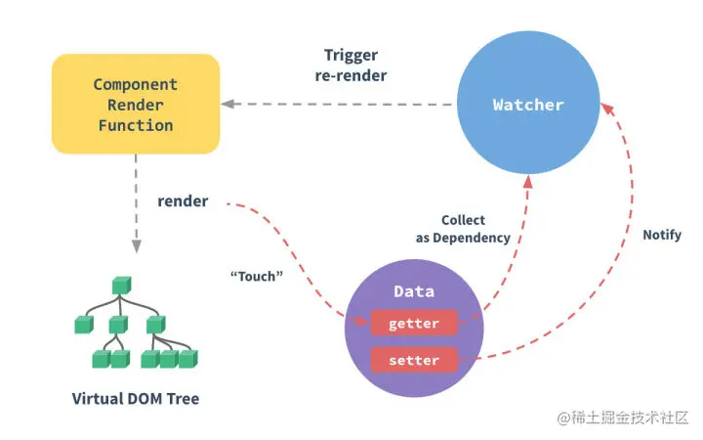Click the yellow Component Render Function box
tap(136, 105)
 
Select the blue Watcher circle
tap(528, 103)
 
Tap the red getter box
tap(414, 323)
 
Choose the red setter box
tap(414, 360)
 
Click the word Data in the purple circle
tap(414, 291)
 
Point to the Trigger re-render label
tap(351, 66)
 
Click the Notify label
tap(662, 235)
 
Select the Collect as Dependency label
tap(463, 229)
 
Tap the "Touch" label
tap(257, 276)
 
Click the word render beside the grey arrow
tap(183, 201)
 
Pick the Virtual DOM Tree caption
tap(136, 398)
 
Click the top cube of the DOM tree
tap(121, 286)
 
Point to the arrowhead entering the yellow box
tap(227, 104)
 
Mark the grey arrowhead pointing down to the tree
tap(137, 246)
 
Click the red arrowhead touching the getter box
tap(361, 321)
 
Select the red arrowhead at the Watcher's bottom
tap(528, 182)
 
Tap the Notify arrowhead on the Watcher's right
tap(607, 110)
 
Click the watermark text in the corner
tap(623, 418)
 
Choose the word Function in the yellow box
tap(136, 125)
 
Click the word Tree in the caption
tap(183, 398)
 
